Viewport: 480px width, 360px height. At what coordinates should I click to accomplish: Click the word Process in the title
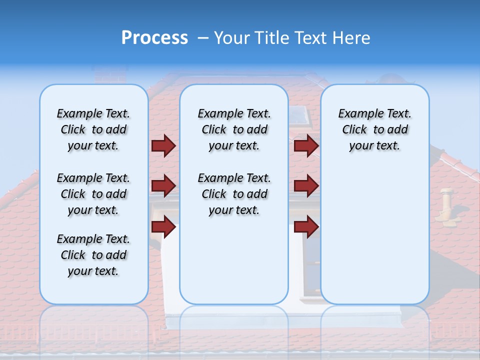pyautogui.click(x=154, y=38)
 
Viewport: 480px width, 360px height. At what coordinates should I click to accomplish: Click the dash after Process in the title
pyautogui.click(x=202, y=38)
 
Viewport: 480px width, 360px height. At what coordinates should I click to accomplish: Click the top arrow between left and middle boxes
pyautogui.click(x=163, y=145)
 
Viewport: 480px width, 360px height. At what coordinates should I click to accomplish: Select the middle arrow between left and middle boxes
pyautogui.click(x=163, y=186)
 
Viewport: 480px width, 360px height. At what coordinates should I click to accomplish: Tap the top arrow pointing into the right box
pyautogui.click(x=306, y=145)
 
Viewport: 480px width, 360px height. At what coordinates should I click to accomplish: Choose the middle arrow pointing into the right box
pyautogui.click(x=306, y=186)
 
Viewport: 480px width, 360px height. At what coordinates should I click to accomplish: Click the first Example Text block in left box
pyautogui.click(x=93, y=129)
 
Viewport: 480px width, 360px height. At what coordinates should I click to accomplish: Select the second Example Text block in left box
pyautogui.click(x=93, y=194)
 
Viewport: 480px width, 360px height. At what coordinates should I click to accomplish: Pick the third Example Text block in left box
pyautogui.click(x=93, y=255)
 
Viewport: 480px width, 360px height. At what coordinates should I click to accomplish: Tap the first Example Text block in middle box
pyautogui.click(x=234, y=129)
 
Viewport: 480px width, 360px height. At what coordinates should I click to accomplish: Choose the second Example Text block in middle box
pyautogui.click(x=234, y=194)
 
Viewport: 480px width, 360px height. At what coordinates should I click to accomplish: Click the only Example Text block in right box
pyautogui.click(x=374, y=129)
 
